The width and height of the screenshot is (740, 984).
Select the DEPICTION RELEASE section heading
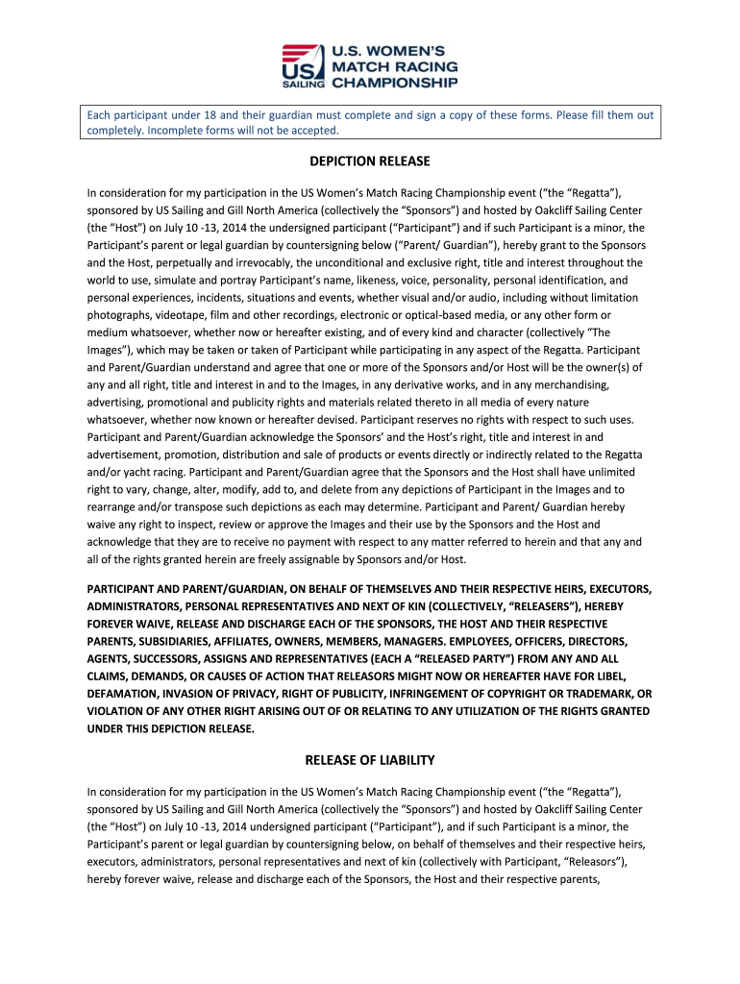point(369,161)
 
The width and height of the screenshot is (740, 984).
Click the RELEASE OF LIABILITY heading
point(369,760)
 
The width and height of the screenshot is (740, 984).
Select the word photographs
point(116,315)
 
